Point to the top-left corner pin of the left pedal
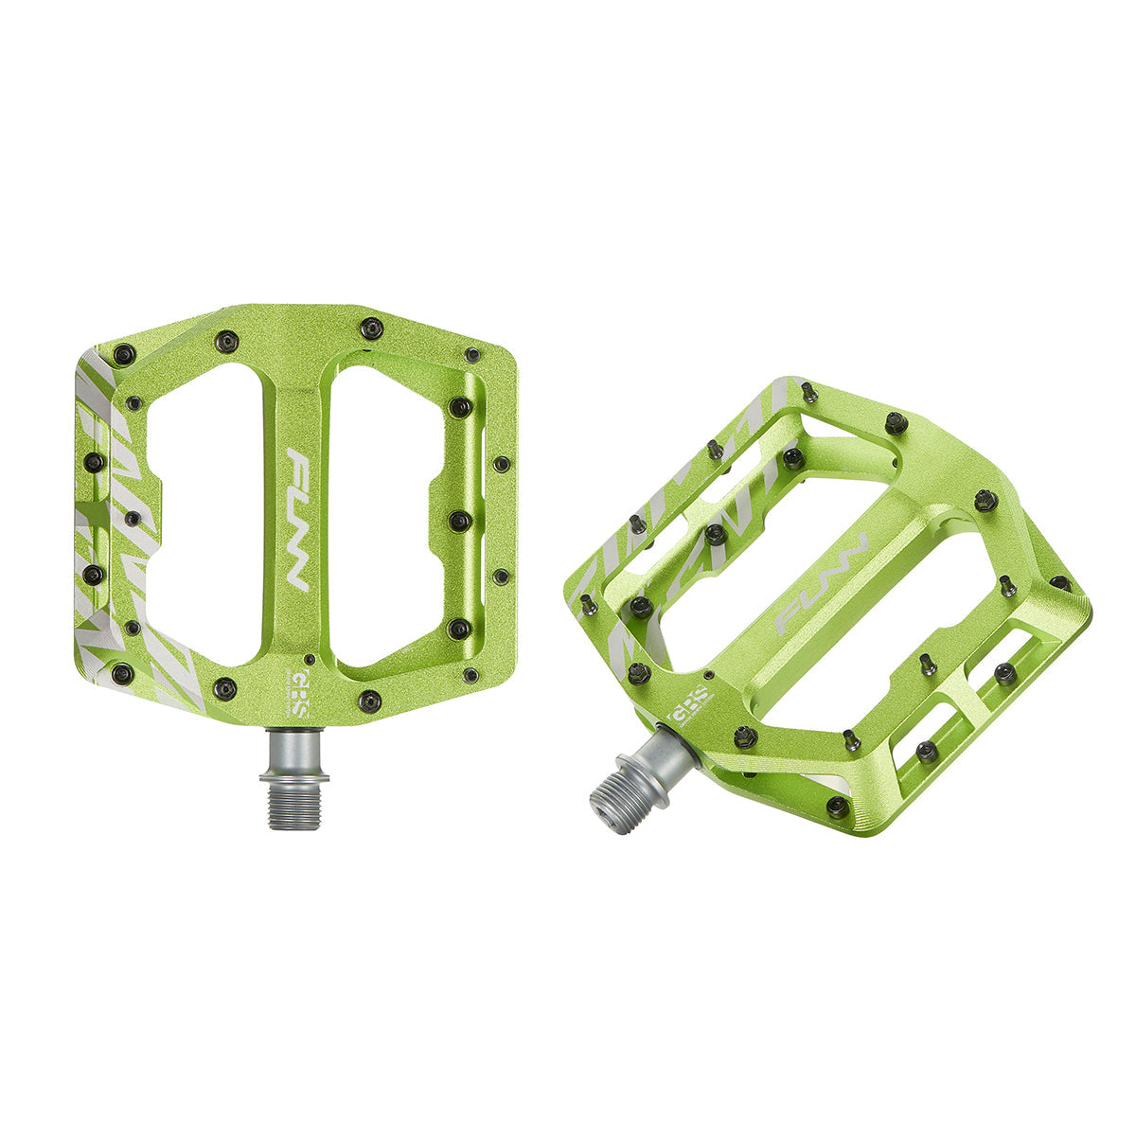pos(122,355)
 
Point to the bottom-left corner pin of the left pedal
pos(122,673)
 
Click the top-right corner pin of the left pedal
pos(471,355)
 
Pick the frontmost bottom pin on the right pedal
pos(837,807)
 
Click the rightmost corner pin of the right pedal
pos(1060,582)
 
